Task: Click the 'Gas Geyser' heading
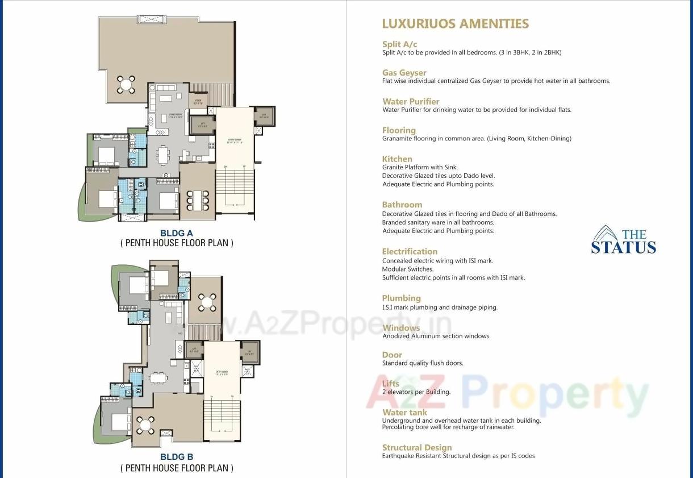(404, 73)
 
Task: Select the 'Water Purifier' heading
(411, 102)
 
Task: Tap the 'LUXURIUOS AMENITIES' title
(455, 24)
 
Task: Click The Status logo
(623, 240)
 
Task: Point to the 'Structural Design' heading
(417, 448)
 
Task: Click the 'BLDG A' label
(176, 233)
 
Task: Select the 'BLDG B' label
(176, 457)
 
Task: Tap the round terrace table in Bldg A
(126, 85)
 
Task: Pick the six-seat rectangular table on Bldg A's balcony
(198, 201)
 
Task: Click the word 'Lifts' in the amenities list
(391, 384)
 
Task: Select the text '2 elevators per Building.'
(416, 392)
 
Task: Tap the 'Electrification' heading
(410, 252)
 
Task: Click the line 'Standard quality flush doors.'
(423, 363)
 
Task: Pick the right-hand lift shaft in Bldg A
(263, 117)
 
